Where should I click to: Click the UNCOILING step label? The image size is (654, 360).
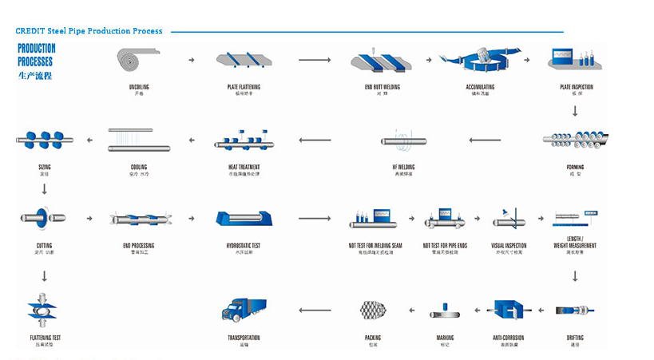(x=138, y=87)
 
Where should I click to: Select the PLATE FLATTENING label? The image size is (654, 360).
(x=243, y=87)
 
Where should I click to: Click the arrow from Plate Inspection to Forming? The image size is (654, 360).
(x=575, y=111)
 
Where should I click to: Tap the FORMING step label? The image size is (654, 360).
(x=575, y=168)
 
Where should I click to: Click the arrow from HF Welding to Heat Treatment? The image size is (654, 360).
(x=315, y=140)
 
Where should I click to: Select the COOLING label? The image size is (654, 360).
(x=138, y=168)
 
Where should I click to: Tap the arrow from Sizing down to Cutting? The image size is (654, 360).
(x=44, y=189)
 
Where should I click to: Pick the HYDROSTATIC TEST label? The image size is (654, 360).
(x=244, y=246)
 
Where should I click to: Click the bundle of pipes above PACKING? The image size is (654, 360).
(x=372, y=311)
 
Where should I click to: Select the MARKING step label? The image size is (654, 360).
(x=445, y=338)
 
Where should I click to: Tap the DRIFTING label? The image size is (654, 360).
(x=575, y=338)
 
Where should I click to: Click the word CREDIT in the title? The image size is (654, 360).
(x=30, y=31)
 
